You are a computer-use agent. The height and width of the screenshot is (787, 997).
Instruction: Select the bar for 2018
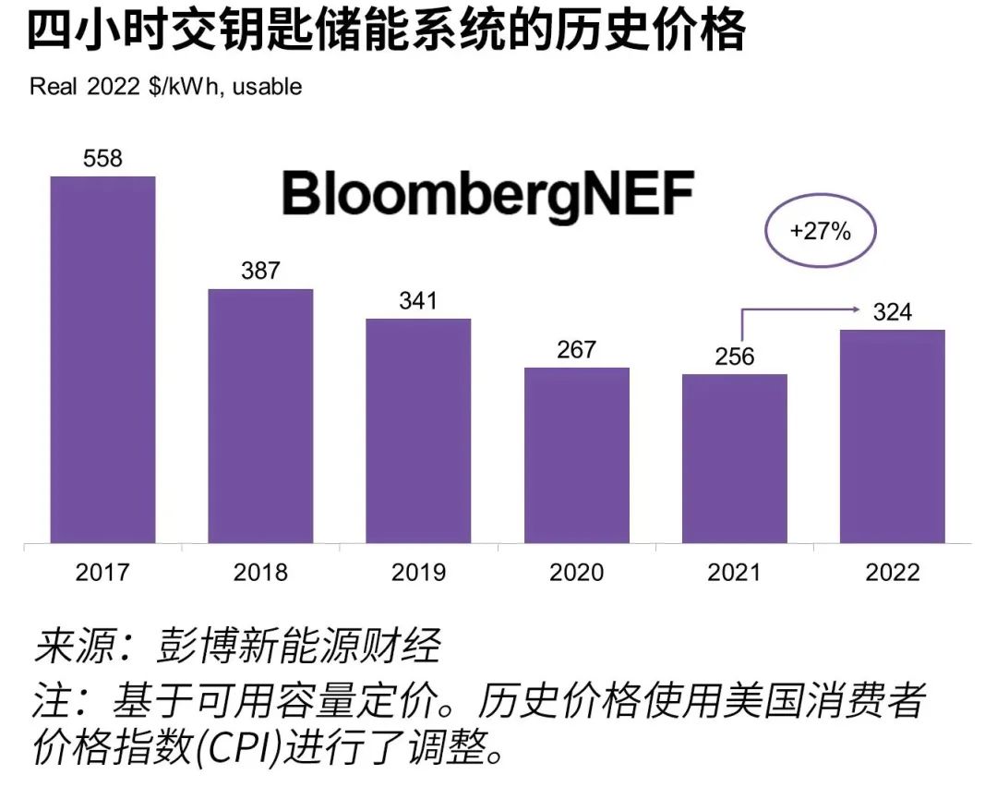tap(260, 416)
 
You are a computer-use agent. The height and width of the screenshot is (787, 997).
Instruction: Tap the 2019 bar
tap(418, 430)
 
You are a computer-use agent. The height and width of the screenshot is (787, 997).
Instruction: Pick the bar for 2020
tap(577, 454)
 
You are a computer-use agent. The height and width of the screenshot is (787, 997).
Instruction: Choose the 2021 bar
tap(735, 458)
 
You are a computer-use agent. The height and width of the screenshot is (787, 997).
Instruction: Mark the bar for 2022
tap(893, 436)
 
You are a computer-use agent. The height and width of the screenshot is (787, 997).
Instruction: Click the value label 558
tap(102, 159)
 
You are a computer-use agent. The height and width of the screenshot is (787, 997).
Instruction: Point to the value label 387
tap(260, 272)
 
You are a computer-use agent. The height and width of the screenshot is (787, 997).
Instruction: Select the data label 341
tap(418, 301)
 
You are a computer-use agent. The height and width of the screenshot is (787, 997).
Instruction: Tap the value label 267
tap(577, 350)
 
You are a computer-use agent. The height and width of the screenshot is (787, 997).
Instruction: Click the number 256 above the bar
tap(735, 357)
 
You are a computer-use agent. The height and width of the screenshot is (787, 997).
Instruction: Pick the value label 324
tap(893, 313)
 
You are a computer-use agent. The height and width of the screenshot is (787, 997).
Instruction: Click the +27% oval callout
tap(820, 232)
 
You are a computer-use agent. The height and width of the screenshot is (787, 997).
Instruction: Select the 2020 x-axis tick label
tap(577, 573)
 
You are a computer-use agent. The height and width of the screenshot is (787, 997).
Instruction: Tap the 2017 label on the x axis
tap(102, 573)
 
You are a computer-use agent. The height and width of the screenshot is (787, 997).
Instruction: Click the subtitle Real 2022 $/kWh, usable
tap(166, 87)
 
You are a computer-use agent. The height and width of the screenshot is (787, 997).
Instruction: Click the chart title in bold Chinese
tap(386, 31)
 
